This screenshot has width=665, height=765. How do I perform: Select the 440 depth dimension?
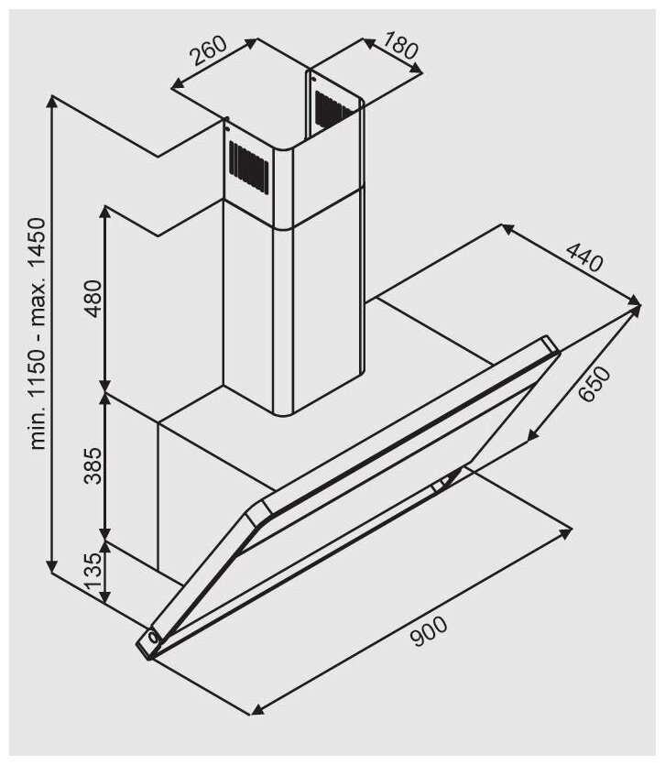[583, 258]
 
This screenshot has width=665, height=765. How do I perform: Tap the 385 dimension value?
[93, 467]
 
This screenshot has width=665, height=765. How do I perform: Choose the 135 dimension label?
[93, 574]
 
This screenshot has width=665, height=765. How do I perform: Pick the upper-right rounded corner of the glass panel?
[550, 342]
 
